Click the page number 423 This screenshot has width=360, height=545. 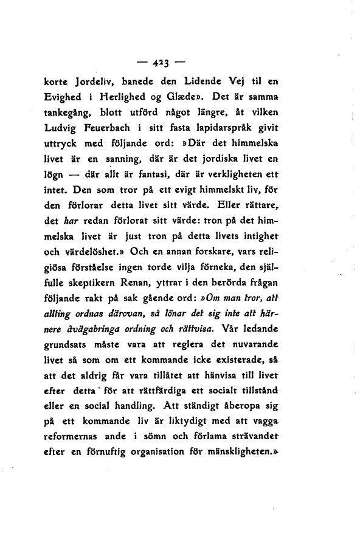pos(162,63)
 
